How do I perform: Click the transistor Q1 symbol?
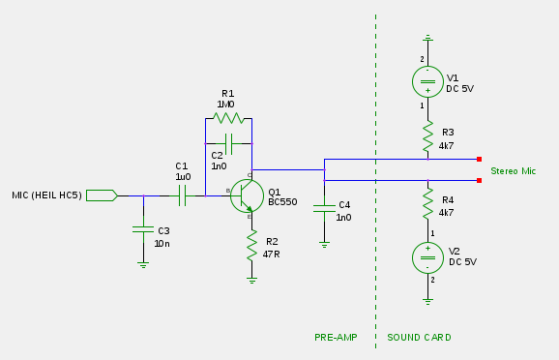click(x=247, y=195)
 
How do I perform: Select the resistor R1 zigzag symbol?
click(x=228, y=118)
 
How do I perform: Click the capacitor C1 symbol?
click(x=181, y=195)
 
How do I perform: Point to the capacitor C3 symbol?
click(x=143, y=229)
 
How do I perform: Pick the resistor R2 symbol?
click(x=251, y=246)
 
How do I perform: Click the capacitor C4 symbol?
click(x=325, y=206)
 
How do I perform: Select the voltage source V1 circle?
click(x=427, y=82)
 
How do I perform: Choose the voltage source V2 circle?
click(x=427, y=256)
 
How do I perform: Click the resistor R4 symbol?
click(x=427, y=205)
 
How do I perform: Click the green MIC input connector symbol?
click(x=101, y=195)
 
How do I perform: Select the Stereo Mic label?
click(x=513, y=171)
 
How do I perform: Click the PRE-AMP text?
click(x=336, y=338)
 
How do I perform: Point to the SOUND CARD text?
click(x=419, y=338)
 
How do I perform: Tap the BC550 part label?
click(x=282, y=202)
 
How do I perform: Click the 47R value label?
click(x=271, y=254)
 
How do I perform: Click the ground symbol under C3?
click(x=143, y=263)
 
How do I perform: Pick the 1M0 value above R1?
click(x=225, y=104)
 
